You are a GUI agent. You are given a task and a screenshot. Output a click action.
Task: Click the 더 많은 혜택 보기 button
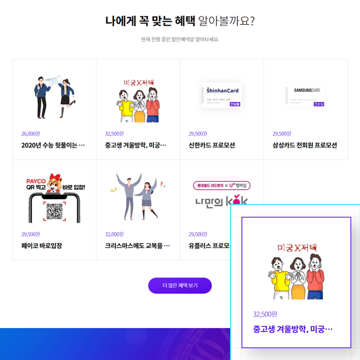pos(180,285)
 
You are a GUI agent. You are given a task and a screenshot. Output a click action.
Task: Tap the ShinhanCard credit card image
pos(222,95)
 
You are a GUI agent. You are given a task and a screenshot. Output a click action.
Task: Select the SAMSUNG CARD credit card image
pos(305,95)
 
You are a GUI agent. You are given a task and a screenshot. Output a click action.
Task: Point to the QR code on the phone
pos(54,211)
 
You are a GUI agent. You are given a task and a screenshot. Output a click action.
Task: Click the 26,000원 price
pos(30,133)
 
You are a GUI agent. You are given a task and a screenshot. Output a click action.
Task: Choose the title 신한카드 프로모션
pos(211,145)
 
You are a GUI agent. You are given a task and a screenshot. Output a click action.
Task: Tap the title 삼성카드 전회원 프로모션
pos(304,145)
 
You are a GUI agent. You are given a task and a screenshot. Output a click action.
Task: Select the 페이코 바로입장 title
pos(41,246)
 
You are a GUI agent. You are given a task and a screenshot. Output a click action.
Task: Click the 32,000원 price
pos(114,234)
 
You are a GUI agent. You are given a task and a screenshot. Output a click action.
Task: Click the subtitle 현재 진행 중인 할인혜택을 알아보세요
pos(180,39)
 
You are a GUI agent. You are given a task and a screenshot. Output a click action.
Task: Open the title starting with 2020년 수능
pos(53,145)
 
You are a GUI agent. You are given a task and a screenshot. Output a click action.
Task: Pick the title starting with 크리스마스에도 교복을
pos(137,246)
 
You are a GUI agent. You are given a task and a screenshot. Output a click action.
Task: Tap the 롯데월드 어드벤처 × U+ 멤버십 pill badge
pos(222,185)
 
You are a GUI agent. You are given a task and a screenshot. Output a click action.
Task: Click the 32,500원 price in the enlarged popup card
pos(265,314)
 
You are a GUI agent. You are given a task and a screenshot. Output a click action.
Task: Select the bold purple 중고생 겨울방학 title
pos(292,329)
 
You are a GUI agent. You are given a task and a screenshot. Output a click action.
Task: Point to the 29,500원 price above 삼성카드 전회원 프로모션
pos(281,133)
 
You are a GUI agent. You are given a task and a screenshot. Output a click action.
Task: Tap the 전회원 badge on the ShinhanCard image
pos(234,104)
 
